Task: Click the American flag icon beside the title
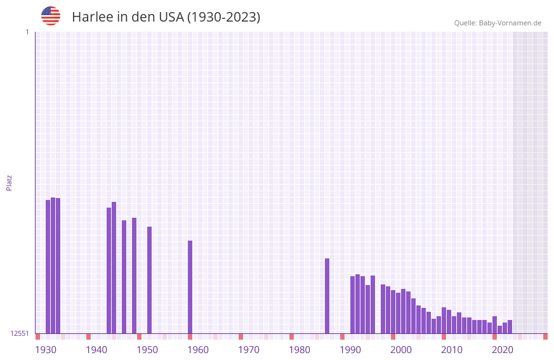coord(51,16)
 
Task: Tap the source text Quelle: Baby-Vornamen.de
coord(498,23)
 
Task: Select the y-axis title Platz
coord(9,182)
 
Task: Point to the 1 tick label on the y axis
coord(27,32)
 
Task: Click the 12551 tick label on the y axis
coord(20,333)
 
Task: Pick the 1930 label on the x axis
coord(46,350)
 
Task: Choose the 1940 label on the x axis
coord(96,350)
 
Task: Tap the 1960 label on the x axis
coord(198,350)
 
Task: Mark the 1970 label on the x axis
coord(249,350)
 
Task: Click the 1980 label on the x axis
coord(300,350)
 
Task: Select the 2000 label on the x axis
coord(401,350)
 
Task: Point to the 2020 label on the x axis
coord(503,350)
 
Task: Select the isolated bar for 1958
coord(190,287)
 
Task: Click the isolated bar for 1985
coord(327,296)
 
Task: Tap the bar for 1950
coord(150,280)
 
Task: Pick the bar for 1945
coord(124,277)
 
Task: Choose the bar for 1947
coord(135,276)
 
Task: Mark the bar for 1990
coord(353,305)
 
